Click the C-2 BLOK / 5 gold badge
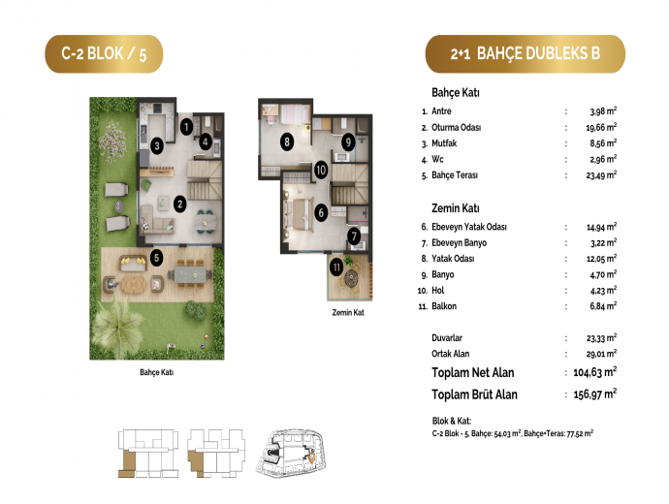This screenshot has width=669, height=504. pos(104,54)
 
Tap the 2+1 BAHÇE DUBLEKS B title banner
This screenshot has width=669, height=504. pos(526,54)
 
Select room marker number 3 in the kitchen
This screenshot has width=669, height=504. pos(157,145)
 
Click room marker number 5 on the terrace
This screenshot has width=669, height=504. pos(156,258)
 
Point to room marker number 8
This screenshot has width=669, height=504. pos(287,142)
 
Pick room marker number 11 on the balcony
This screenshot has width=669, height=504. pos(336,268)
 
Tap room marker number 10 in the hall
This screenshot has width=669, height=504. pos(321,171)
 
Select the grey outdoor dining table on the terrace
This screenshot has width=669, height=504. pos(190,274)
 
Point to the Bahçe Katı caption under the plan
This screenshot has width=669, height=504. pos(156,372)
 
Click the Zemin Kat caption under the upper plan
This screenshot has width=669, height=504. pos(348,312)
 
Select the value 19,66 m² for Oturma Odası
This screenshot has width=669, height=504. pos(601,127)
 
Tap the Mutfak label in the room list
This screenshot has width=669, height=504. pos(444,143)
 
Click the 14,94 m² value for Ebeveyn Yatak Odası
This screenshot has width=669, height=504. pos(601,227)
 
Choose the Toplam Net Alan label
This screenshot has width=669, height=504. pos(473,373)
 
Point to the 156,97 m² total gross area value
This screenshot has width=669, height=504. pos(594,394)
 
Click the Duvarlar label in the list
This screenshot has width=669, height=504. pos(447,337)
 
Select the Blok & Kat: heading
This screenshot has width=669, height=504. pos(452,421)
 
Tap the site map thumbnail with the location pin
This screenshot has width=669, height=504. pos(290,453)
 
